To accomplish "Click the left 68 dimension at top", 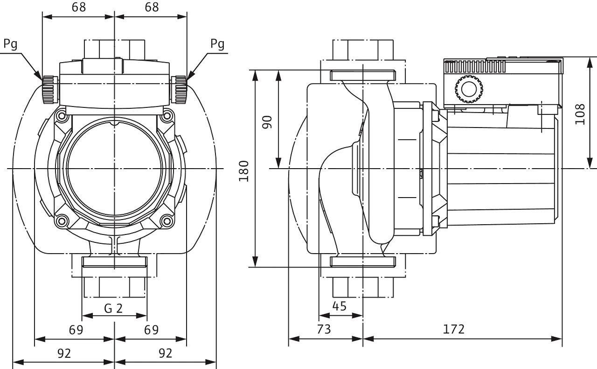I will [78, 7].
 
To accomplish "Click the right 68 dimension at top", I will [151, 7].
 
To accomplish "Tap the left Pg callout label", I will [10, 44].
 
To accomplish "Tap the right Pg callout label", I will [217, 44].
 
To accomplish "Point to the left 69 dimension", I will [76, 330].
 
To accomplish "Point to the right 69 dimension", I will [151, 330].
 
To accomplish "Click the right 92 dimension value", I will [165, 353].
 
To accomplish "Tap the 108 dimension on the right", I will [580, 114].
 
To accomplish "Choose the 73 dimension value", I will [324, 329].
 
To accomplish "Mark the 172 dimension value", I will [454, 329].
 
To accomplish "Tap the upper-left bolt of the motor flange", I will [60, 115].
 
